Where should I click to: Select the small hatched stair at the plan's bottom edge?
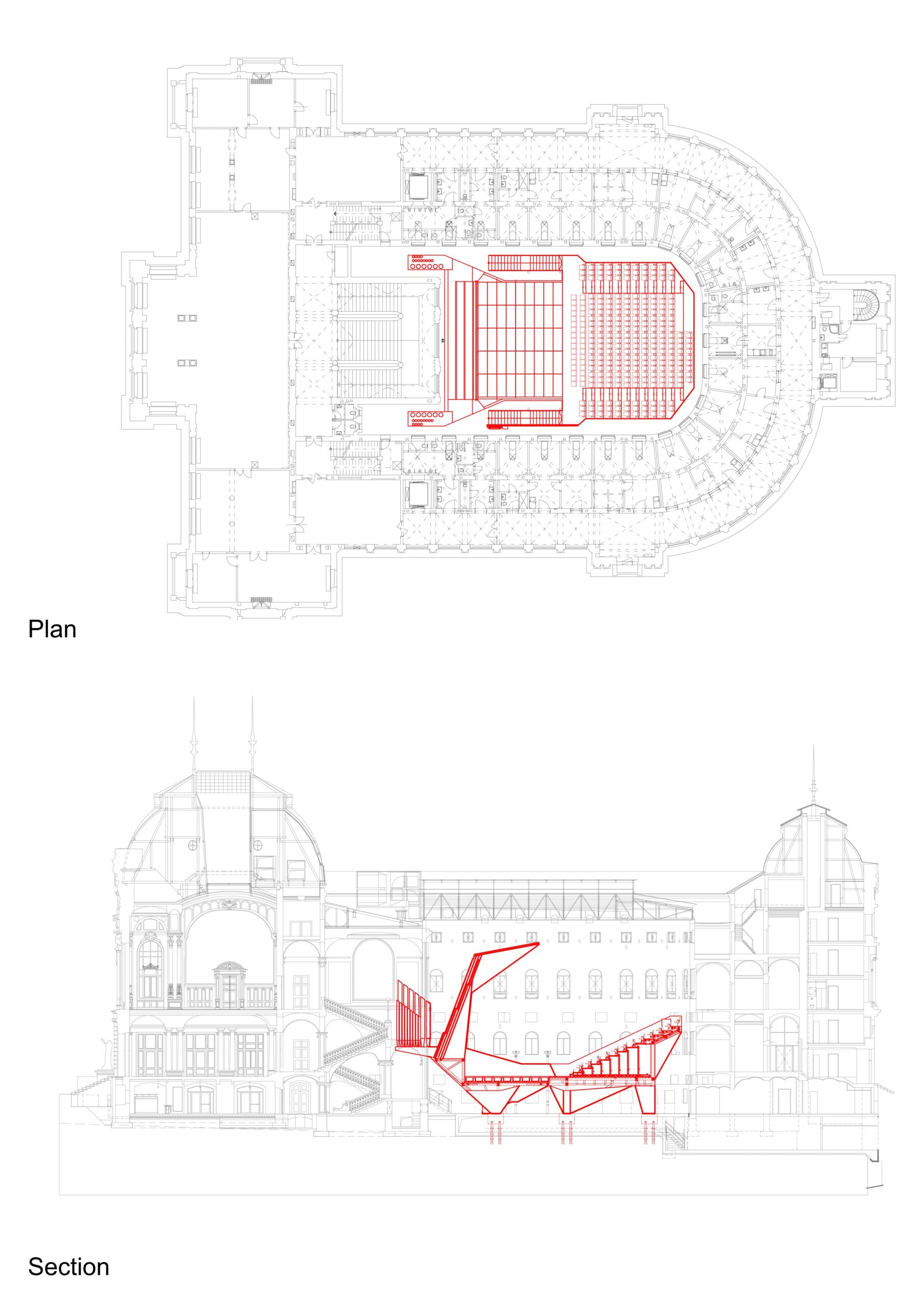click(x=262, y=599)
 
